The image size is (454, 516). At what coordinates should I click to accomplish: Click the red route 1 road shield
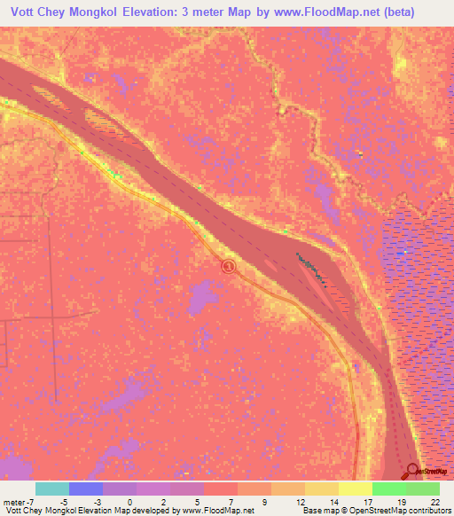coord(229,266)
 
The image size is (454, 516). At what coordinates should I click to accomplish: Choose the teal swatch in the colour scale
coord(52,489)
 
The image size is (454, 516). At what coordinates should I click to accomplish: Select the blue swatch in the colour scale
coord(86,489)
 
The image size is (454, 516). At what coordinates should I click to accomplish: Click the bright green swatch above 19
coord(389,489)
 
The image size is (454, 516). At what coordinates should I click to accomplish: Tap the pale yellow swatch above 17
coord(356,489)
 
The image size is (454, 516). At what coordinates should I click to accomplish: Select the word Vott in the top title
coord(24,12)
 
